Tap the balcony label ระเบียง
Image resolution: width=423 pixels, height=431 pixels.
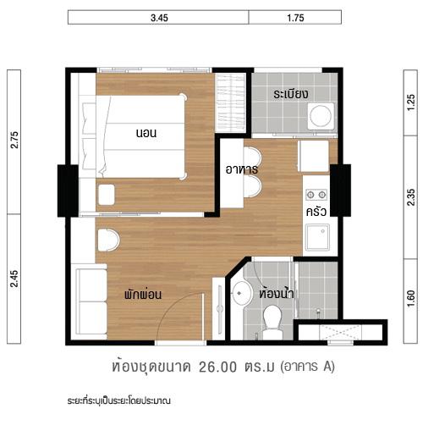290,93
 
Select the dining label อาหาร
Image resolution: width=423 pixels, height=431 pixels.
241,169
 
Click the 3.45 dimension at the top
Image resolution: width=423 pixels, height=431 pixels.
157,17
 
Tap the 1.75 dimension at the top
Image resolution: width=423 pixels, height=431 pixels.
295,17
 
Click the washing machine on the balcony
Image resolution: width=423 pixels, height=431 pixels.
321,115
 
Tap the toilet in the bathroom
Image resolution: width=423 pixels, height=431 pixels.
272,320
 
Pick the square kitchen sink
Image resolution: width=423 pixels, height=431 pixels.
317,239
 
